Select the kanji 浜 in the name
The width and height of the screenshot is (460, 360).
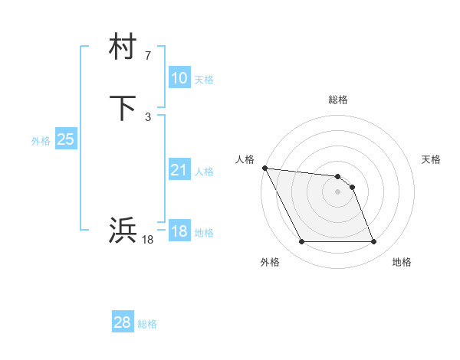click(123, 230)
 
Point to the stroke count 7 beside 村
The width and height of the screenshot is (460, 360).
click(148, 56)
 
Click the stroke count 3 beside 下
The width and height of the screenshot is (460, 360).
click(148, 116)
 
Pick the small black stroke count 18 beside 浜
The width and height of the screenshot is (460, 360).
click(148, 240)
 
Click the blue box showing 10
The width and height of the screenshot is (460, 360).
click(179, 78)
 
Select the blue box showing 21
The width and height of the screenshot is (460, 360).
click(179, 170)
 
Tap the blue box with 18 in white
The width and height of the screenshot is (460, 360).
click(179, 231)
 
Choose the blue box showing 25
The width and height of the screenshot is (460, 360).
click(65, 139)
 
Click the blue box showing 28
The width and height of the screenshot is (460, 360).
click(122, 322)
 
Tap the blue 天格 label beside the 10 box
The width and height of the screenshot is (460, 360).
click(204, 80)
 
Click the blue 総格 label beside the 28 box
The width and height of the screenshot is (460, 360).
click(147, 324)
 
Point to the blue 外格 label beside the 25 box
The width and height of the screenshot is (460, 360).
click(41, 141)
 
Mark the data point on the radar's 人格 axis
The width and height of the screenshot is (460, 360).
click(264, 168)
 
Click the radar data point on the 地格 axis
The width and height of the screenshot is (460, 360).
click(373, 242)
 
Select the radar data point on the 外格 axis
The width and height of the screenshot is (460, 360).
click(301, 242)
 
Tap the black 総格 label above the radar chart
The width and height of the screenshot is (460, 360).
click(338, 100)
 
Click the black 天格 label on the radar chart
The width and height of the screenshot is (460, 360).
click(432, 159)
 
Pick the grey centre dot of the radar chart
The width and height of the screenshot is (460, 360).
click(338, 191)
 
